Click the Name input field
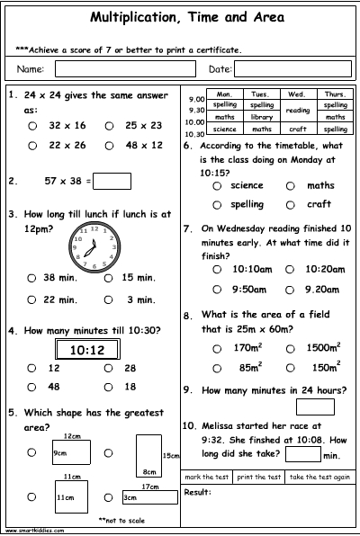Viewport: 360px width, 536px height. click(126, 68)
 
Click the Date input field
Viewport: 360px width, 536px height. click(293, 68)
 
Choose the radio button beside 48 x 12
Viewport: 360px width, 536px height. click(109, 145)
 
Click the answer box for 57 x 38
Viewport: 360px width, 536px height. click(112, 182)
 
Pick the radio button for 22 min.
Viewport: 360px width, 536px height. click(32, 299)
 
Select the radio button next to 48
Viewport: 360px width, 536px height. click(32, 387)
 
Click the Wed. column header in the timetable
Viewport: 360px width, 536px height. click(296, 94)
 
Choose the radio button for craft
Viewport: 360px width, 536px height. click(290, 204)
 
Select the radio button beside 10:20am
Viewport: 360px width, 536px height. click(290, 269)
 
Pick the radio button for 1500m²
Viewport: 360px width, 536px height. click(290, 347)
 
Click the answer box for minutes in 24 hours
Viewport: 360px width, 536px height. click(321, 406)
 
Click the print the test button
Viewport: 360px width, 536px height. click(258, 477)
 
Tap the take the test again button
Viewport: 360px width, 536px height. click(320, 477)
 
